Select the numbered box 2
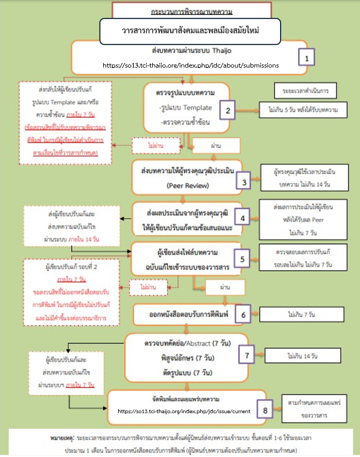pos(228,110)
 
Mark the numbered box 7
pos(247,355)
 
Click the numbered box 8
pos(265,411)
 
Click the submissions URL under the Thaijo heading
pos(190,66)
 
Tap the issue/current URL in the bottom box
pos(184,411)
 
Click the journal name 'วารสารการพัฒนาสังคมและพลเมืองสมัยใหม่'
pos(190,30)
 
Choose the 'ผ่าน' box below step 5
pos(224,287)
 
